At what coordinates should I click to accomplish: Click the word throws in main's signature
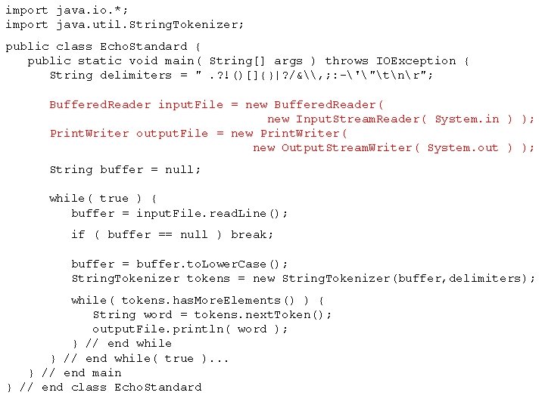click(x=347, y=60)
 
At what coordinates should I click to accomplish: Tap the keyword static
click(x=100, y=60)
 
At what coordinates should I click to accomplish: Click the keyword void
click(x=144, y=60)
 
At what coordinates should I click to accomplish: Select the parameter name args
click(x=288, y=60)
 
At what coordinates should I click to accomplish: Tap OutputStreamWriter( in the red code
click(x=348, y=147)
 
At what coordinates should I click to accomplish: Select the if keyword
click(x=78, y=234)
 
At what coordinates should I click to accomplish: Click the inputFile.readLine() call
click(x=212, y=213)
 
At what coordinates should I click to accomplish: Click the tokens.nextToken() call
click(x=262, y=314)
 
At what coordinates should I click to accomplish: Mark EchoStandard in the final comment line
click(x=157, y=387)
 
